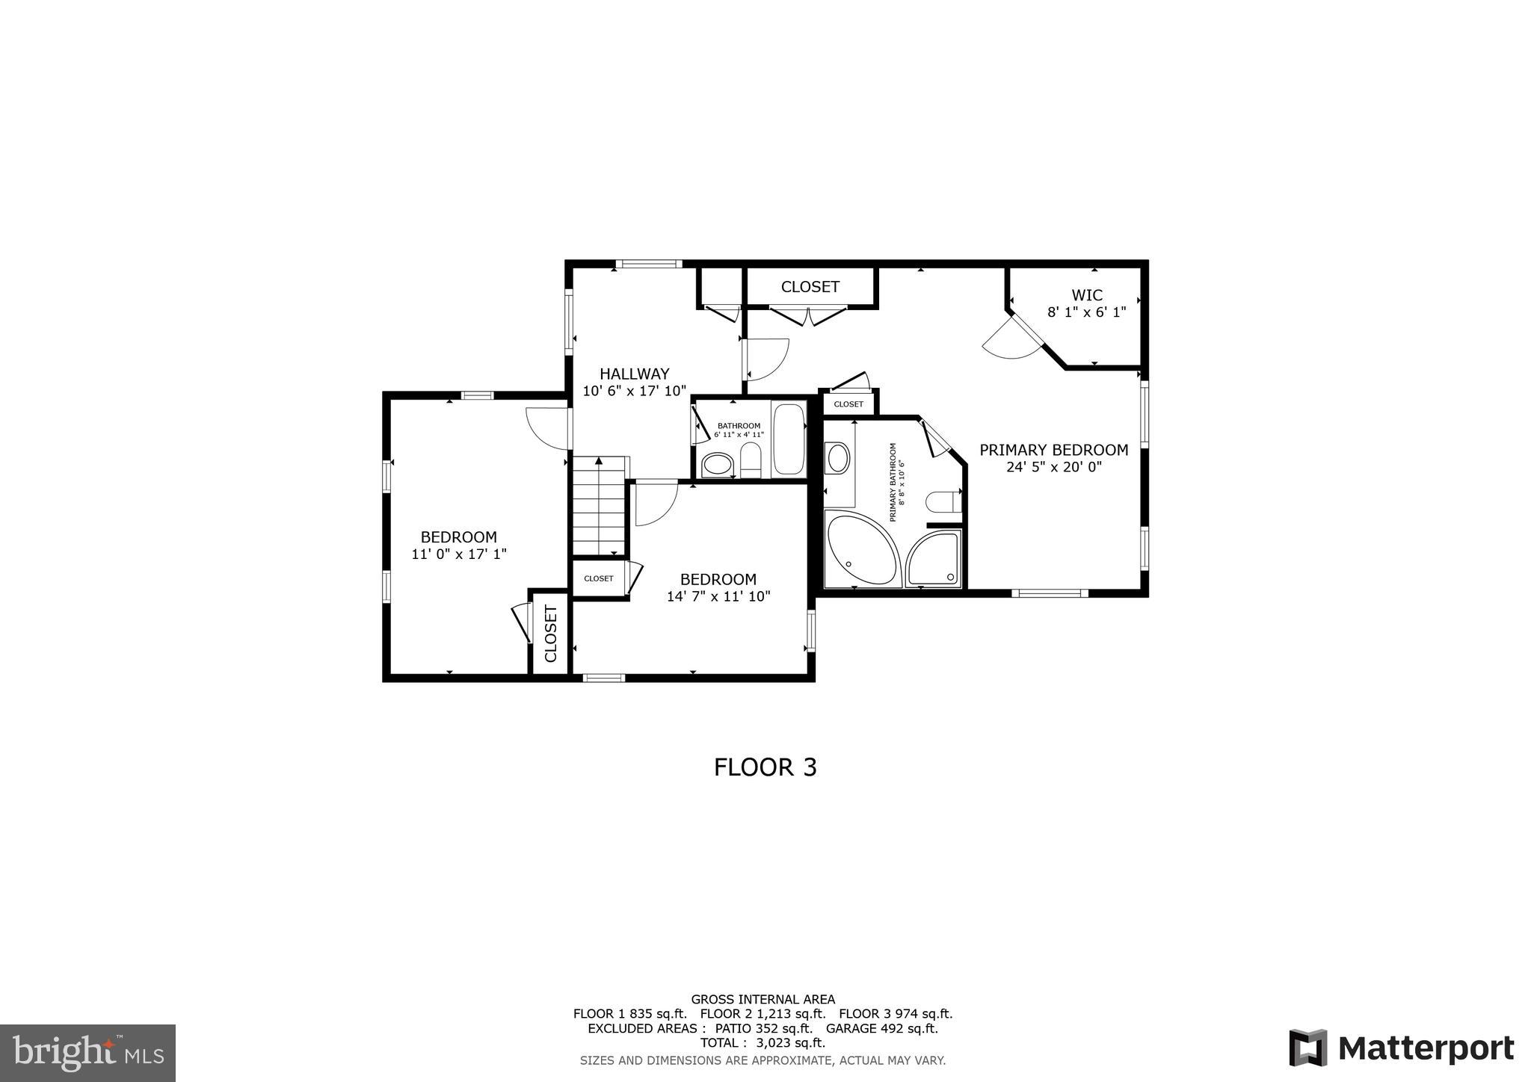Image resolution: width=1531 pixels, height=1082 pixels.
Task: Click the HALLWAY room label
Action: click(x=634, y=374)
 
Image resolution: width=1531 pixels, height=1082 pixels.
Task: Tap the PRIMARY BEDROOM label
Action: click(x=1053, y=450)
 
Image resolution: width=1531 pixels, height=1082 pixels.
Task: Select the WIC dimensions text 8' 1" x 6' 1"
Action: click(x=1086, y=312)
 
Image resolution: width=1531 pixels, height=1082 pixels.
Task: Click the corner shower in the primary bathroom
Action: click(x=933, y=558)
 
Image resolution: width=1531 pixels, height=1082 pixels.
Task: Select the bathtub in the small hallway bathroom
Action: click(x=788, y=439)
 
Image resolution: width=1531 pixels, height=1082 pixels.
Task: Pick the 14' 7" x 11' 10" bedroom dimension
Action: click(x=718, y=596)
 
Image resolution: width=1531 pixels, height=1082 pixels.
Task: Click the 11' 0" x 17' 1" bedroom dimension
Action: click(x=458, y=554)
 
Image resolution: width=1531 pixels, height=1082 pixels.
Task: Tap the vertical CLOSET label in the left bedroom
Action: click(x=551, y=634)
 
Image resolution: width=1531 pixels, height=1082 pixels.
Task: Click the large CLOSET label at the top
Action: click(x=810, y=287)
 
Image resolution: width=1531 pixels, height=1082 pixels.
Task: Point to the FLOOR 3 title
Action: click(x=765, y=767)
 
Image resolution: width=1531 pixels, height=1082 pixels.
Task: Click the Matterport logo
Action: click(x=1401, y=1048)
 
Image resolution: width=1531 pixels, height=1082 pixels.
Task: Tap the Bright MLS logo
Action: click(x=87, y=1053)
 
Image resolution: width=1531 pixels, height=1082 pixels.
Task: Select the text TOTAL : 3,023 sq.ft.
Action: click(x=763, y=1042)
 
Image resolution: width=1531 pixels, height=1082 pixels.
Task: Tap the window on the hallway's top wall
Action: click(x=648, y=264)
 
